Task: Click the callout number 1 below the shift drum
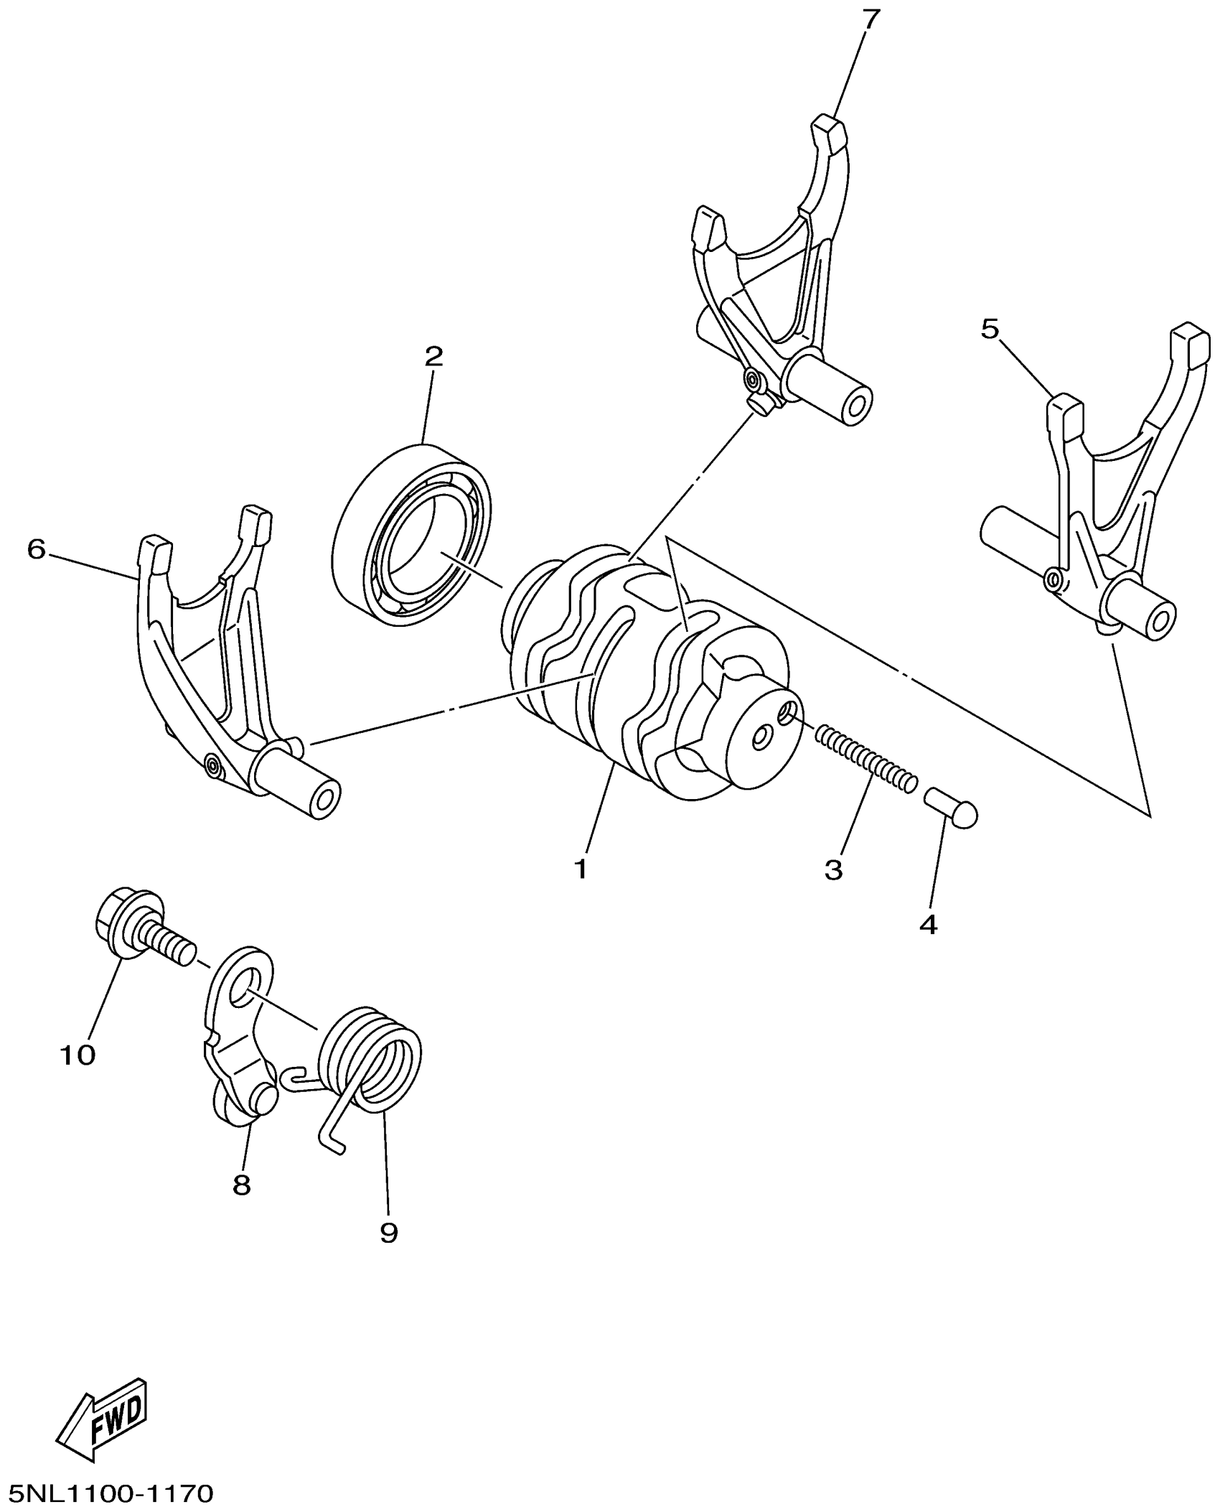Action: pos(581,869)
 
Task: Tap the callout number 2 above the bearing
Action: pos(433,357)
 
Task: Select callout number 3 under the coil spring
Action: pos(832,869)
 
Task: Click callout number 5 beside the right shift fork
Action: pos(990,330)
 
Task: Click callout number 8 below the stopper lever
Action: pos(242,1185)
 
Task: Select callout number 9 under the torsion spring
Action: pos(388,1233)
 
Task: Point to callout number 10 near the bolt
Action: pos(78,1055)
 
